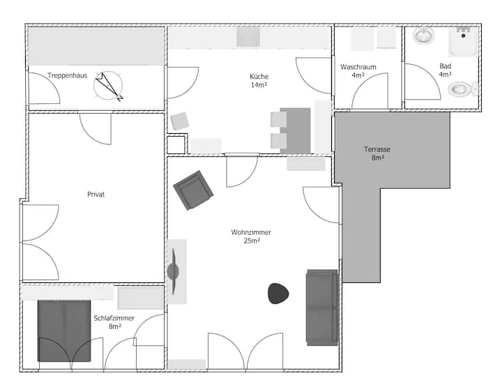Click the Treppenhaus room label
[x=68, y=75]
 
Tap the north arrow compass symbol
[x=108, y=86]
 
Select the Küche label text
[x=259, y=77]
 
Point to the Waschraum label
[x=358, y=67]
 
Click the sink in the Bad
[x=424, y=36]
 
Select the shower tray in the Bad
[x=463, y=42]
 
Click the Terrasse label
[x=377, y=149]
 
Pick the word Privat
[x=96, y=194]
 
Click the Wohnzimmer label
[x=251, y=232]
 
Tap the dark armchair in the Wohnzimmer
[x=193, y=190]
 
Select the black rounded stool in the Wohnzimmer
[x=278, y=293]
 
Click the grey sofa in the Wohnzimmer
[x=322, y=307]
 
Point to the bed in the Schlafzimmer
[x=64, y=331]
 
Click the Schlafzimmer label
[x=114, y=319]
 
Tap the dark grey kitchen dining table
[x=295, y=130]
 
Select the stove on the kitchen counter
[x=248, y=37]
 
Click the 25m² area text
[x=252, y=241]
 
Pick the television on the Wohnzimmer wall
[x=173, y=271]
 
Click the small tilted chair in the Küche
[x=180, y=121]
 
